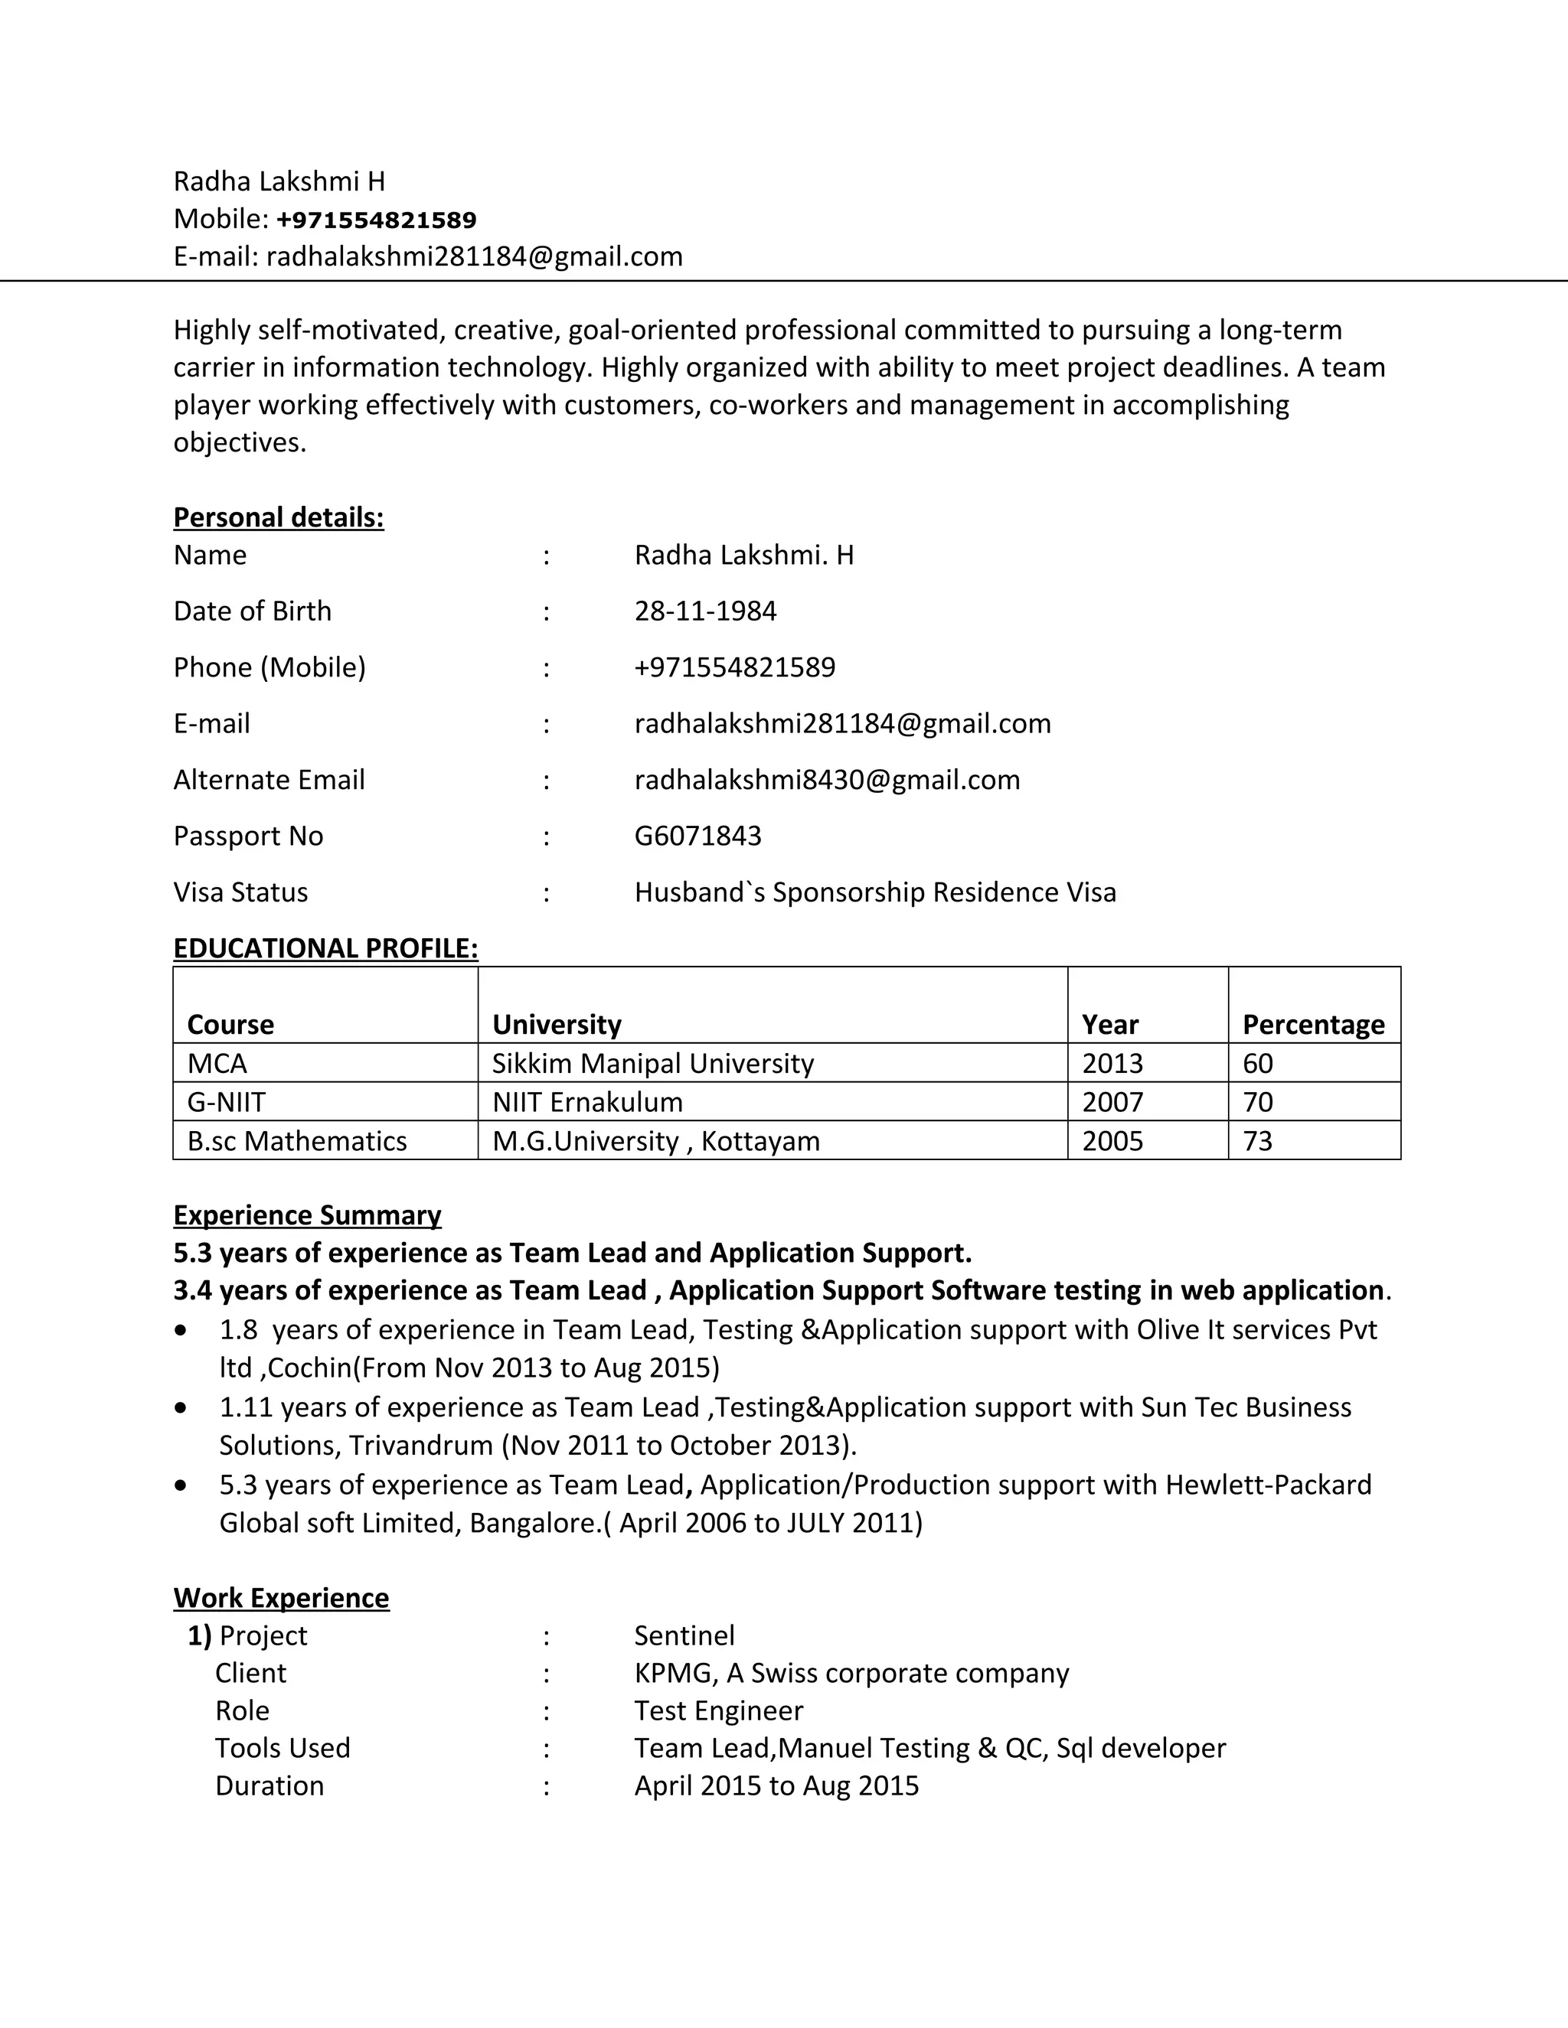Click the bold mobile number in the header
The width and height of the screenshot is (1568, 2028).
[x=376, y=220]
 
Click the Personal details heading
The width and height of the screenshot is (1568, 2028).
[x=279, y=517]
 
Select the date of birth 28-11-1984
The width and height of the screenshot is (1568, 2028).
[x=705, y=611]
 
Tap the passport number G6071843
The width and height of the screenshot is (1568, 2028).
[x=697, y=836]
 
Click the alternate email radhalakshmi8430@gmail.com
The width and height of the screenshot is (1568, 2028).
[x=827, y=779]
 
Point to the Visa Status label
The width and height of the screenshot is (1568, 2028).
[x=240, y=892]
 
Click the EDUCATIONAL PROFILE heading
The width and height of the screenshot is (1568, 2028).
[x=325, y=948]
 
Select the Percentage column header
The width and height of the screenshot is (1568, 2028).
[x=1312, y=1024]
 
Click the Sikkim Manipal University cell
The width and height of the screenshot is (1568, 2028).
[x=652, y=1063]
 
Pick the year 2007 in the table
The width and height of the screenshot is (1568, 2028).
[x=1112, y=1102]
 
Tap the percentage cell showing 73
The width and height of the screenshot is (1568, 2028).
[x=1257, y=1141]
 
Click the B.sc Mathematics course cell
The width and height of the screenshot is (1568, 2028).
[x=296, y=1141]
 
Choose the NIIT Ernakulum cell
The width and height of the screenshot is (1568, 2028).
[x=587, y=1102]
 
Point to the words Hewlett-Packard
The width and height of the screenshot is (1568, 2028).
[x=1268, y=1485]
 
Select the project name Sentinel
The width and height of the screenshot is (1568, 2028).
[x=684, y=1635]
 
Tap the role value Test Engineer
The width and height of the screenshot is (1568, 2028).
[x=718, y=1710]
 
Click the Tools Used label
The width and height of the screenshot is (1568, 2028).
[x=283, y=1748]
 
